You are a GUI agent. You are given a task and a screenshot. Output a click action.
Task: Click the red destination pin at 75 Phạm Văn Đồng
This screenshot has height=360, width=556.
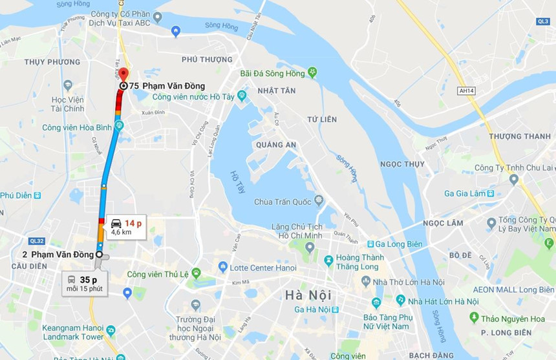coord(123,73)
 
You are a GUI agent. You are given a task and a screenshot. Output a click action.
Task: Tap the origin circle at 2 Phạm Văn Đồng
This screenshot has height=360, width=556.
coord(99,255)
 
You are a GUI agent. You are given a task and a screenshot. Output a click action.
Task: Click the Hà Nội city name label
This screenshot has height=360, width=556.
coord(308,295)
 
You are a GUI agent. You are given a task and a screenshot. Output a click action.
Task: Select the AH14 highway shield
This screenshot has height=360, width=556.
coord(465,91)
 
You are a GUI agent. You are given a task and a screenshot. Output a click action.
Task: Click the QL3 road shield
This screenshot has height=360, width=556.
coord(542,21)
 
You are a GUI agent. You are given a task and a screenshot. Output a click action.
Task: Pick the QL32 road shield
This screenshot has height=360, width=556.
coord(36,240)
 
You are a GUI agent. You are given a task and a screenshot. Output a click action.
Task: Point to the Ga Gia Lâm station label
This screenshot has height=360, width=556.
coord(467,193)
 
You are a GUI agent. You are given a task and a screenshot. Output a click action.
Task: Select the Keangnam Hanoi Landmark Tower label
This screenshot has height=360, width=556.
coord(72,332)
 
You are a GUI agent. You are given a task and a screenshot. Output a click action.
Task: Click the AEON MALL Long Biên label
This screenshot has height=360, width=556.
coord(513,290)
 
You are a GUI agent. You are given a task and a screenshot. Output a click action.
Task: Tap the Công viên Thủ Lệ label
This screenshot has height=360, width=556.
coord(157,274)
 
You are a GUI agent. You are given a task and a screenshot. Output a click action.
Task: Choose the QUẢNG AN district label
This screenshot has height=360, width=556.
coord(276,145)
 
